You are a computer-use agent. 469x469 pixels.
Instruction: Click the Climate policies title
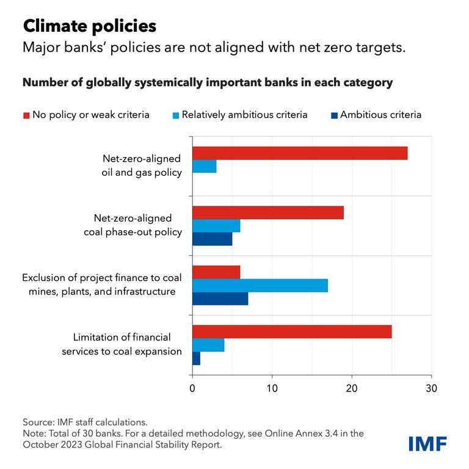click(x=89, y=26)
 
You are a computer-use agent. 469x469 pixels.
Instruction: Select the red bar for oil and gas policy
click(x=300, y=153)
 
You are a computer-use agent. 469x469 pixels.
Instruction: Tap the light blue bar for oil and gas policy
click(x=205, y=166)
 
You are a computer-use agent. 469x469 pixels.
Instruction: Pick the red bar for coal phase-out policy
click(x=268, y=213)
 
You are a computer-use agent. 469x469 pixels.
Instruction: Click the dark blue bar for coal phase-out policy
click(x=213, y=238)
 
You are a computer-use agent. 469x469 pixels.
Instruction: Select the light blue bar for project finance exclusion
click(x=260, y=285)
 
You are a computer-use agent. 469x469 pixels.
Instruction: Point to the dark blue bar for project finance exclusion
click(x=220, y=298)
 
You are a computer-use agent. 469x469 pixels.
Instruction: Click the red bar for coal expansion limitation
click(x=292, y=332)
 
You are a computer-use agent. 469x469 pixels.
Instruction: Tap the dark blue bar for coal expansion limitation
click(x=197, y=358)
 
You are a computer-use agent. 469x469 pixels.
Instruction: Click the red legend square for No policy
click(x=26, y=115)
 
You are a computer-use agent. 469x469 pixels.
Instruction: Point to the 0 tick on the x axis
click(x=193, y=387)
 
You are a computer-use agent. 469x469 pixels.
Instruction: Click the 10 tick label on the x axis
click(x=272, y=387)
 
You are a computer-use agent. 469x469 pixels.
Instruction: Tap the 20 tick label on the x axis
click(x=352, y=387)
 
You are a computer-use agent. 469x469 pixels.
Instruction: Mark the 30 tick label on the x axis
click(x=431, y=387)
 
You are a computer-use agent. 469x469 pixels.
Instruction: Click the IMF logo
click(x=427, y=443)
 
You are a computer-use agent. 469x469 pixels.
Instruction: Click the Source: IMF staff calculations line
click(x=85, y=422)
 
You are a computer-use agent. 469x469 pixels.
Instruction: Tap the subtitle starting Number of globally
click(x=208, y=82)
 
